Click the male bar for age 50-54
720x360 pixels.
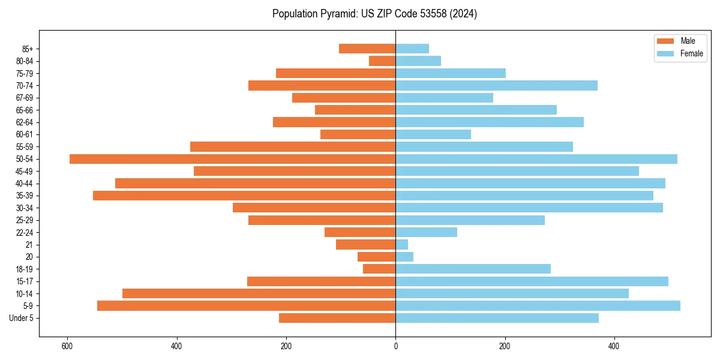[x=232, y=159]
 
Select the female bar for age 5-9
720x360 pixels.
[x=538, y=306]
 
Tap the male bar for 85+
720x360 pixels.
[x=367, y=49]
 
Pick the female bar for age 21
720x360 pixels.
[x=401, y=245]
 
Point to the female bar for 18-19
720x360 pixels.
[x=473, y=269]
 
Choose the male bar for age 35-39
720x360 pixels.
[x=244, y=196]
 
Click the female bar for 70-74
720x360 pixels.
[x=496, y=86]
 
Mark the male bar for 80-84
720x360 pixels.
[x=382, y=61]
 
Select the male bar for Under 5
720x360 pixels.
[x=337, y=318]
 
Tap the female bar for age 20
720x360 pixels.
[x=404, y=257]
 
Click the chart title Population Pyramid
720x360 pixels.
[x=374, y=14]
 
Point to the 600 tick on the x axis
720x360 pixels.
[x=67, y=346]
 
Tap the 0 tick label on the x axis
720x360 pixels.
[x=395, y=346]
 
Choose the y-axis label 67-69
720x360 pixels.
[x=25, y=98]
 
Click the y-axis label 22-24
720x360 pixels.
[x=25, y=232]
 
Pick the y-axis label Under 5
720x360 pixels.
[x=22, y=318]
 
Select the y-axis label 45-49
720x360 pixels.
[x=25, y=171]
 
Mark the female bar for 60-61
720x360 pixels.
[x=433, y=134]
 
